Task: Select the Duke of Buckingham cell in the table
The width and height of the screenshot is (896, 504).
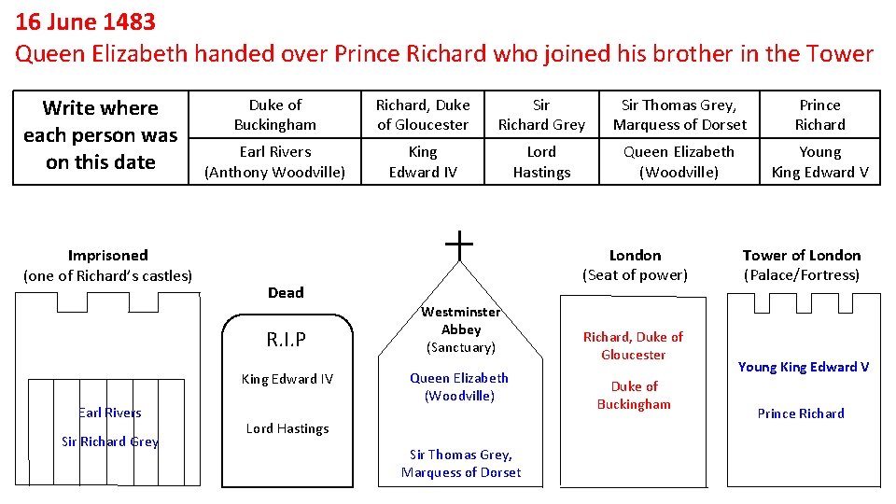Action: [275, 115]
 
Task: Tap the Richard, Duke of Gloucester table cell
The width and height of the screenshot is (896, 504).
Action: [423, 115]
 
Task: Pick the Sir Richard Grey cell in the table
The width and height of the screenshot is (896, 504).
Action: [541, 115]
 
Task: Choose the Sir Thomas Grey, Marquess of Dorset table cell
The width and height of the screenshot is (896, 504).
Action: [679, 115]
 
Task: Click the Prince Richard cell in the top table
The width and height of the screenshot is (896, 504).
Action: [819, 115]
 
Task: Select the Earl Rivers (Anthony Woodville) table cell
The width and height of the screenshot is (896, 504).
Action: [275, 161]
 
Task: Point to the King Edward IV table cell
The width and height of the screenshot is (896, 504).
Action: [423, 161]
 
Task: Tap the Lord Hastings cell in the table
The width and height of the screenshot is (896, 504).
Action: [541, 161]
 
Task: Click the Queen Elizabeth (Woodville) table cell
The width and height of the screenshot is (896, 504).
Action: [679, 161]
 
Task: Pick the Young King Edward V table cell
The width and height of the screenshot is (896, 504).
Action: [819, 161]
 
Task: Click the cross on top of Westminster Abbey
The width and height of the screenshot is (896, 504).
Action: [459, 245]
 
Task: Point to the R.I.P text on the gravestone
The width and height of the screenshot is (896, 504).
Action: [287, 340]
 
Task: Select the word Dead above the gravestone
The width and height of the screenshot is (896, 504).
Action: [286, 292]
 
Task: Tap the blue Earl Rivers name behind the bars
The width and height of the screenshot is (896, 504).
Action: [110, 413]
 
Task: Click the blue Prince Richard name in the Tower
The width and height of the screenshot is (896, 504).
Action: [801, 413]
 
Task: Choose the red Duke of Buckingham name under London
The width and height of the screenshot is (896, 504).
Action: [634, 395]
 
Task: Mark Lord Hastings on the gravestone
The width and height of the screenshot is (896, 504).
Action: [287, 428]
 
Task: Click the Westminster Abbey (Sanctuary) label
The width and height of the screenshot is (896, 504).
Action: [460, 329]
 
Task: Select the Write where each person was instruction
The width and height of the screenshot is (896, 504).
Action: [101, 135]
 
